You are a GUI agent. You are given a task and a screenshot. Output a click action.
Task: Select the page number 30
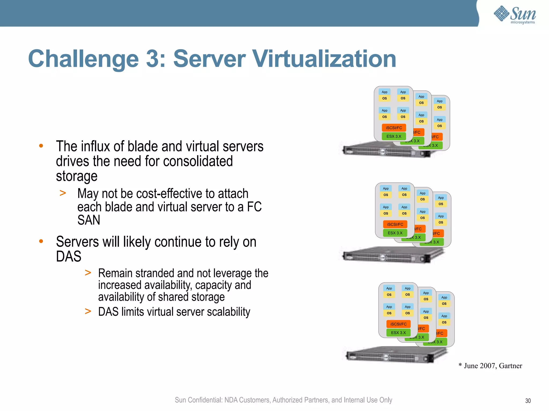[528, 401]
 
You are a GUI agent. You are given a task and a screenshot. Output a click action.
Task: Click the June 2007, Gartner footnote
[491, 366]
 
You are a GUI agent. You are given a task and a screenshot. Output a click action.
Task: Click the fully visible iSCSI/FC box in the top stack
[394, 128]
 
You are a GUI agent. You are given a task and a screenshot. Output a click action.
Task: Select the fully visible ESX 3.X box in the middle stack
[395, 233]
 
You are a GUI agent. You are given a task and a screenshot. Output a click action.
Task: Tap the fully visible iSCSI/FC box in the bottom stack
[398, 324]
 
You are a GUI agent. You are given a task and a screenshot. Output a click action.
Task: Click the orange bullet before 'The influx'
[41, 146]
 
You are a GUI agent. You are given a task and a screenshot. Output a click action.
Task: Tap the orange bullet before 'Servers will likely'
[41, 241]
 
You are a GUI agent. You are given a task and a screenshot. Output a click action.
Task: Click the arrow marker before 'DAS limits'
[88, 311]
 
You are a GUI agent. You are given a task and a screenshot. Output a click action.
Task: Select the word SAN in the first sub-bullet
[89, 220]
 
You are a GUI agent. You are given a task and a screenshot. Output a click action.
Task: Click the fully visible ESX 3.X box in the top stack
[394, 136]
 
